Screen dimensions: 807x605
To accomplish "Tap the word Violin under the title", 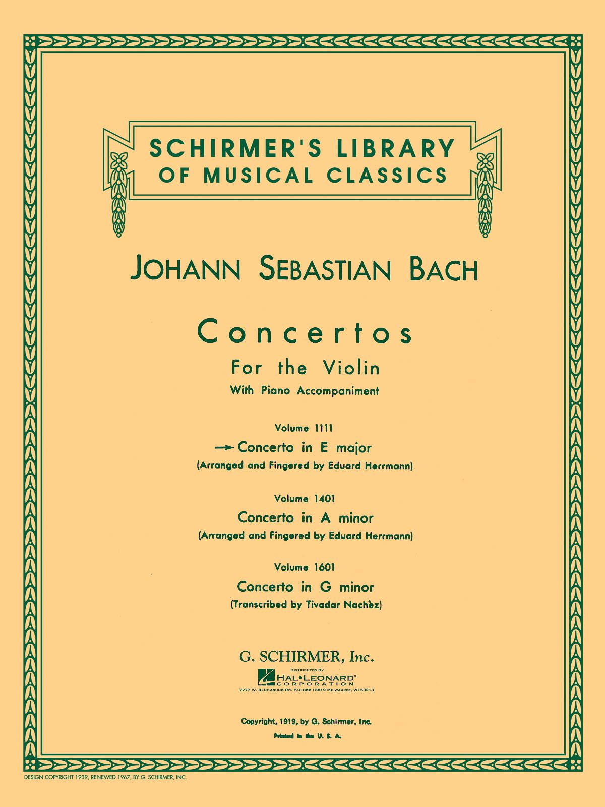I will coord(354,368).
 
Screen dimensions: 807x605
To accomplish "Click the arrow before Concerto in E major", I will coord(225,447).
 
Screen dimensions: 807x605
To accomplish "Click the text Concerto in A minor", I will coord(306,517).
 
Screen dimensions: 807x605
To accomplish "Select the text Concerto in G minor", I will coord(306,587).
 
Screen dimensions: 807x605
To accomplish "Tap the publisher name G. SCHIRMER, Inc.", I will coord(306,657).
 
